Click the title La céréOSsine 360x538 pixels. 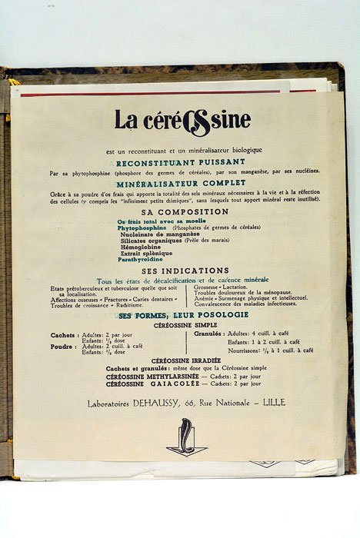click(x=182, y=121)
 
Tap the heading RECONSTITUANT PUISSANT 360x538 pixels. click(x=182, y=162)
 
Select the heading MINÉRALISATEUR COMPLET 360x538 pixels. click(x=182, y=184)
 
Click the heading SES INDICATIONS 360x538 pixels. click(x=185, y=271)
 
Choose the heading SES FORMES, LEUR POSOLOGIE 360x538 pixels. click(x=183, y=315)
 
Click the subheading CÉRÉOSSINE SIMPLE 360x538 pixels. click(x=185, y=325)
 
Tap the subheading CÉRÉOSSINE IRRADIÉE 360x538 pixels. click(x=185, y=360)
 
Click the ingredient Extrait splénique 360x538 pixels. click(x=146, y=253)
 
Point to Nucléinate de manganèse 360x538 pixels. click(x=159, y=234)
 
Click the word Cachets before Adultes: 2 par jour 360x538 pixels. click(x=64, y=335)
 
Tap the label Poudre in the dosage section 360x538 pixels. click(x=63, y=347)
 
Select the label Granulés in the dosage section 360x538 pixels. click(x=207, y=334)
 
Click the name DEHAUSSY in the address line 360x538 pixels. click(x=160, y=402)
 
